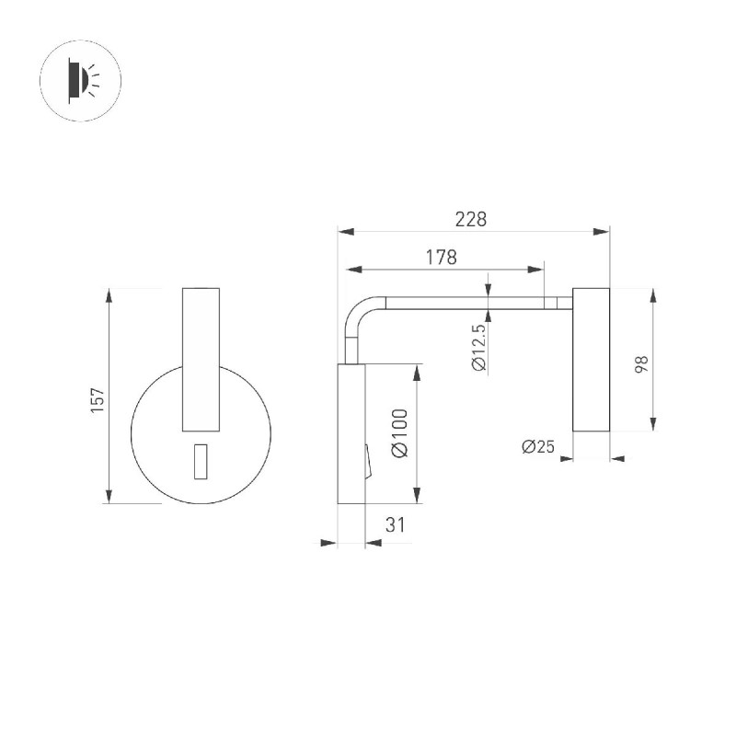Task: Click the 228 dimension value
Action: [471, 219]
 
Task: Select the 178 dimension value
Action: [442, 258]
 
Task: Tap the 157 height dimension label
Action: [98, 400]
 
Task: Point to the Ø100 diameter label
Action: [399, 433]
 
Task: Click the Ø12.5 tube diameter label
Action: [479, 348]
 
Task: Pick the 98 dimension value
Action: [641, 364]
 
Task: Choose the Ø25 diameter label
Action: [538, 446]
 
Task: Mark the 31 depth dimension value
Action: [395, 524]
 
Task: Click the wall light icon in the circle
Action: [83, 81]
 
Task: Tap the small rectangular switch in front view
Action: [201, 462]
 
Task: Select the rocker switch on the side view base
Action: [368, 462]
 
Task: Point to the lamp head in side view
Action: [591, 360]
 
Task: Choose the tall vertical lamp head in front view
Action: [201, 360]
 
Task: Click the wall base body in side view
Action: [351, 433]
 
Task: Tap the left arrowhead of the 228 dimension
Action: [346, 232]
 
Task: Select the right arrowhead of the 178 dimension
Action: [535, 270]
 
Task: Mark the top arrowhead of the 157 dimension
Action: [109, 296]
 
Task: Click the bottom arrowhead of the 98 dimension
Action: [653, 423]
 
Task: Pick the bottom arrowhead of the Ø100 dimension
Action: [417, 496]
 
